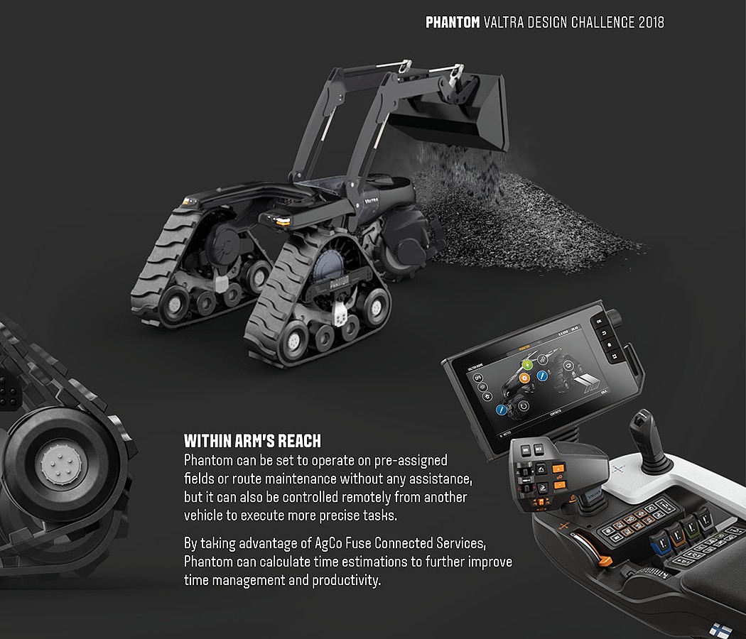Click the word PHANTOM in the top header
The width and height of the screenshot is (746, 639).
(x=453, y=22)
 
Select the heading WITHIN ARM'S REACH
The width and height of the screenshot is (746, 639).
(x=252, y=440)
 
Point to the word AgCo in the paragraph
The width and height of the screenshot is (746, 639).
(x=329, y=544)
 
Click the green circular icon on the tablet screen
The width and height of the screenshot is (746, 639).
(x=526, y=365)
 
